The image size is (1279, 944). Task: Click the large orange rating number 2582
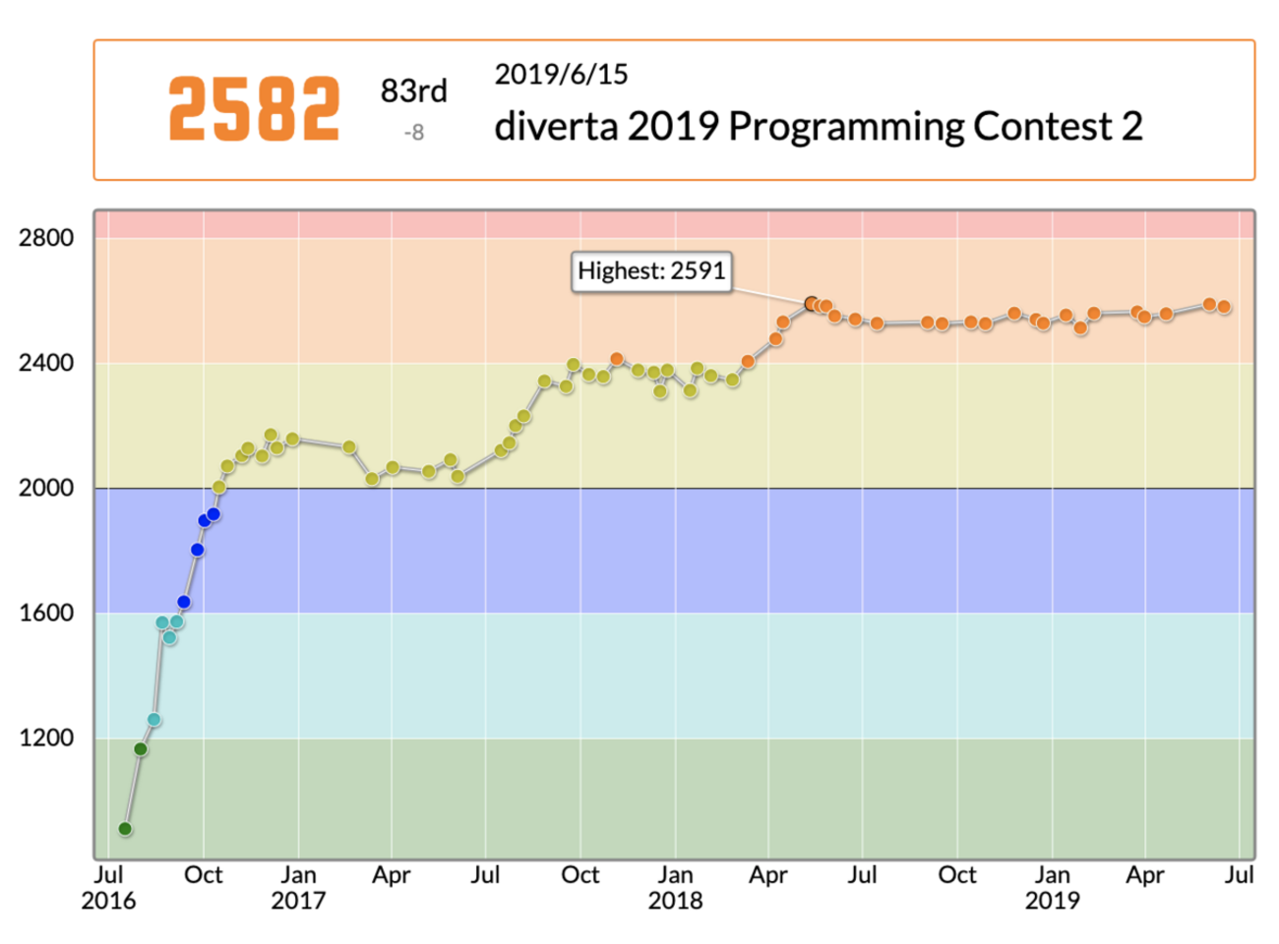coord(254,109)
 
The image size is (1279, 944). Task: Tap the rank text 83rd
coord(413,91)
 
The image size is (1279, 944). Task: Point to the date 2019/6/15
coord(561,75)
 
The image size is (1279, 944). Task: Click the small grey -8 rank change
coord(413,132)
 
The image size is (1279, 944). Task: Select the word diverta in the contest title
coord(556,127)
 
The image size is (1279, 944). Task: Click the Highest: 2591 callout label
coord(651,271)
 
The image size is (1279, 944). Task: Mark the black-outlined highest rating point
coord(812,304)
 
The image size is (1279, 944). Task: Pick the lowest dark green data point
coord(125,829)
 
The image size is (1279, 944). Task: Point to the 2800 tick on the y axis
coord(46,238)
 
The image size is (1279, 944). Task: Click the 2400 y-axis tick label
coord(46,363)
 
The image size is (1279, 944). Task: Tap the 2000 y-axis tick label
coord(46,488)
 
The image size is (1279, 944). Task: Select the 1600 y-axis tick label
coord(46,613)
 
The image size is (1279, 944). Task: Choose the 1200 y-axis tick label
coord(46,737)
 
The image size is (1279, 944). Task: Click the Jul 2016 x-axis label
coord(108,887)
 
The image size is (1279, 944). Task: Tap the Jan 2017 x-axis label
coord(298,887)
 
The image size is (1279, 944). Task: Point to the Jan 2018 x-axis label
coord(675,887)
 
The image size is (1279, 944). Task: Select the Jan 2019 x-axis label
coord(1052,887)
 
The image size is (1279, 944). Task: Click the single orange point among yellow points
coord(617,359)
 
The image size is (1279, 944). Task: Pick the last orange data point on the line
coord(1224,307)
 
